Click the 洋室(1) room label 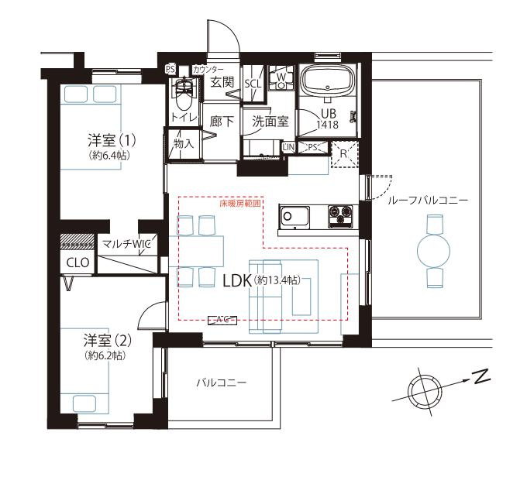click(112, 140)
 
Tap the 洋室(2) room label click(108, 341)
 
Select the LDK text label click(237, 281)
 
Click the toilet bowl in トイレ click(184, 94)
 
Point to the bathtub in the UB click(327, 81)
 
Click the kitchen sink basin click(294, 216)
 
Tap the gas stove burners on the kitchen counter click(340, 216)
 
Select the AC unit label click(222, 321)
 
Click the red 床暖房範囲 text click(240, 204)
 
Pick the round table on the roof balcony click(433, 251)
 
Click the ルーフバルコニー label click(428, 201)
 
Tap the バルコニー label click(222, 383)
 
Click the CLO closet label click(78, 263)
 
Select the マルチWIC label click(126, 244)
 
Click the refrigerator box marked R click(344, 154)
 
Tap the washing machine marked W click(281, 77)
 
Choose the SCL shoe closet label click(253, 84)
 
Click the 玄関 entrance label click(222, 82)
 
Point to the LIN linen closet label click(288, 147)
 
